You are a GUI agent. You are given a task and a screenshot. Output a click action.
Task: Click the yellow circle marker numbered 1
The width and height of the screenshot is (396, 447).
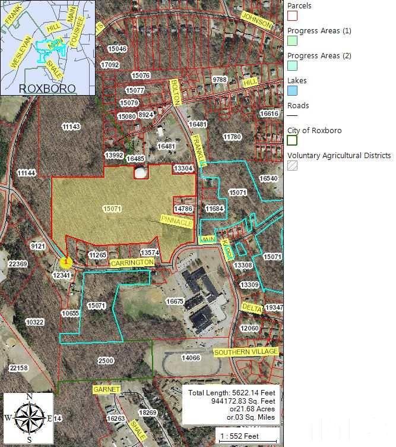(x=66, y=262)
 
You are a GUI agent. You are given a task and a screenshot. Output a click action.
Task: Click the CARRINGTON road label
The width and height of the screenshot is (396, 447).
(x=132, y=262)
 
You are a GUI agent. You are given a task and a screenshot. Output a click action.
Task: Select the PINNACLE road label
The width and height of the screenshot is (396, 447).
(x=176, y=222)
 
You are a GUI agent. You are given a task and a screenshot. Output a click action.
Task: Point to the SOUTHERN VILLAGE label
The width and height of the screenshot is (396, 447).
(x=246, y=352)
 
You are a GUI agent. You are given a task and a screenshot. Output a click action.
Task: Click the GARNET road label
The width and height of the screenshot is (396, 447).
(x=106, y=389)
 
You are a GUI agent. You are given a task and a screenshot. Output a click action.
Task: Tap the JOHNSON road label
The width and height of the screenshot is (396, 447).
(x=258, y=23)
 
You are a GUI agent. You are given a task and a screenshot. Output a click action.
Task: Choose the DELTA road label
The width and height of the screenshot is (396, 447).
(x=252, y=307)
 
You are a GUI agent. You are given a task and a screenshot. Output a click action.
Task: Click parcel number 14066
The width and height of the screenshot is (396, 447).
(x=191, y=358)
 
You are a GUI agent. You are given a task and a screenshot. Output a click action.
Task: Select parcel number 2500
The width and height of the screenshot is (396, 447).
(x=106, y=361)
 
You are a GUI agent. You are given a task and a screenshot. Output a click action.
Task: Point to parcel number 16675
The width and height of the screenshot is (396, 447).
(x=175, y=302)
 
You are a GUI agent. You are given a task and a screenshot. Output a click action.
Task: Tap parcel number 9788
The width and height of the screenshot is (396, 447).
(x=220, y=79)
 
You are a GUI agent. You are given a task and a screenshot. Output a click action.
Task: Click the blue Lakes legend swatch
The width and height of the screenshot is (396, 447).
(x=292, y=90)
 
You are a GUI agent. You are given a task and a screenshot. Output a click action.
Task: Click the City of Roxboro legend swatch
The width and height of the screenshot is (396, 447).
(x=292, y=140)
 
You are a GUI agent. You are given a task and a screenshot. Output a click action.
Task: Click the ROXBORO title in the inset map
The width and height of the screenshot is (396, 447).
(x=47, y=88)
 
